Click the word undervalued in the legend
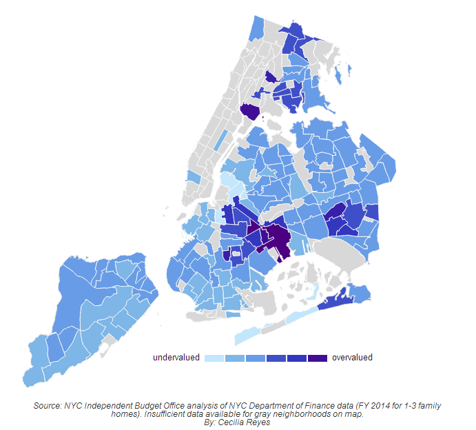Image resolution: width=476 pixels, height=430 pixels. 176,358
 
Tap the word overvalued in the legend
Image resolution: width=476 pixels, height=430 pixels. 352,358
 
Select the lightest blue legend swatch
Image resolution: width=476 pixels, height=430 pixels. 215,358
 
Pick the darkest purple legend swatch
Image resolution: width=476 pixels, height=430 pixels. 318,358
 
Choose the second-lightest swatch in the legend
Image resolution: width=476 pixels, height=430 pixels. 236,358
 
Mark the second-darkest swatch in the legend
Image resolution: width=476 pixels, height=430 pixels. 297,358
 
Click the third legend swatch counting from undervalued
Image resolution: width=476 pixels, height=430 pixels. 256,358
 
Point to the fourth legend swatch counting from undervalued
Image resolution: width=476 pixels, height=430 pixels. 276,358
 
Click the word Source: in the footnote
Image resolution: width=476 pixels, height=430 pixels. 48,407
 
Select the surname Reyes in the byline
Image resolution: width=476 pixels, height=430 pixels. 259,422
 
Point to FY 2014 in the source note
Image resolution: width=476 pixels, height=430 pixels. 360,407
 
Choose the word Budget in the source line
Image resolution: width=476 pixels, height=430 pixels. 138,407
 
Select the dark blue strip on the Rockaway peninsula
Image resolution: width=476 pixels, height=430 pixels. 334,301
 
